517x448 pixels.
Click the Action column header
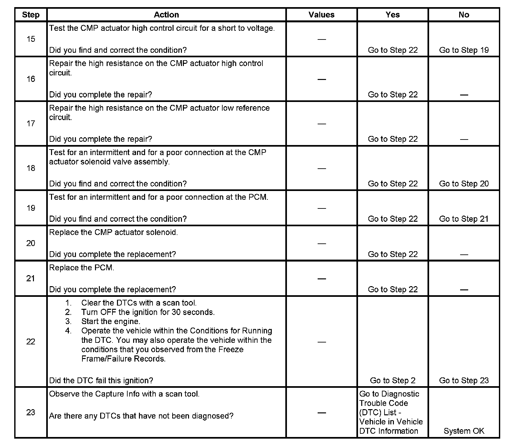pyautogui.click(x=166, y=15)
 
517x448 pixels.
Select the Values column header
pyautogui.click(x=321, y=15)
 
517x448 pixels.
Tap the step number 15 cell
pyautogui.click(x=31, y=39)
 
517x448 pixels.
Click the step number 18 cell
pyautogui.click(x=31, y=168)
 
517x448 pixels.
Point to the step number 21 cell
pyautogui.click(x=31, y=278)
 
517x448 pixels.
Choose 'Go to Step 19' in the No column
pyautogui.click(x=464, y=50)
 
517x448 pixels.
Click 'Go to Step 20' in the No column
pyautogui.click(x=464, y=184)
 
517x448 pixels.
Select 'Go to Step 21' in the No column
pyautogui.click(x=464, y=219)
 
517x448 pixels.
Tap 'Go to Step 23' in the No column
pyautogui.click(x=464, y=381)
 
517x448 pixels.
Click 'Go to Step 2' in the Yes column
pyautogui.click(x=393, y=381)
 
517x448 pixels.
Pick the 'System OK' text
pyautogui.click(x=464, y=431)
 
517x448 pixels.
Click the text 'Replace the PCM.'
pyautogui.click(x=82, y=268)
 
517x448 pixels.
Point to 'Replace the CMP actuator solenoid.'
pyautogui.click(x=113, y=233)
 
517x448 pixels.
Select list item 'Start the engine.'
pyautogui.click(x=111, y=322)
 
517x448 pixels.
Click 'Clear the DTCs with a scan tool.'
pyautogui.click(x=139, y=303)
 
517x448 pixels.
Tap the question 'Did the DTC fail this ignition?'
pyautogui.click(x=101, y=381)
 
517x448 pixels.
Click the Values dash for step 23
pyautogui.click(x=322, y=413)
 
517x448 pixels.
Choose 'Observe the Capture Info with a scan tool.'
pyautogui.click(x=124, y=394)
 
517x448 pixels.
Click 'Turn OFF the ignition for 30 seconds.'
pyautogui.click(x=148, y=312)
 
